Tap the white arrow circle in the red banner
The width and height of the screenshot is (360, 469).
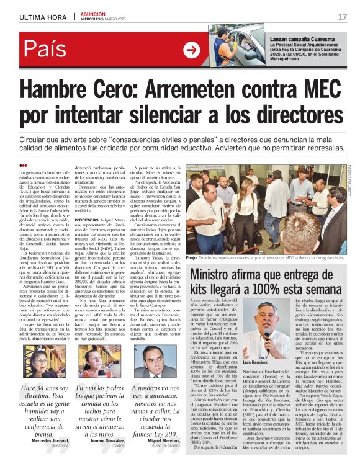tap(191, 50)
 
